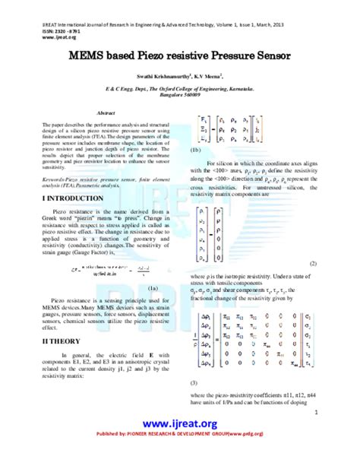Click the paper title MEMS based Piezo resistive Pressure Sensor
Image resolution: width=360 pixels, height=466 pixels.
[180, 56]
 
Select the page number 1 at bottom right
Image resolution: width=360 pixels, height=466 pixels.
[314, 414]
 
